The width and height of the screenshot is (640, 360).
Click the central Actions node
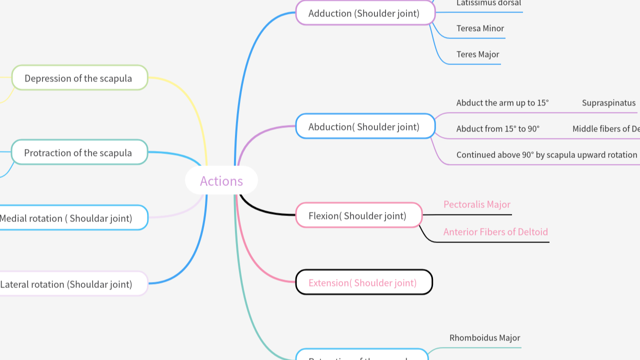pyautogui.click(x=221, y=180)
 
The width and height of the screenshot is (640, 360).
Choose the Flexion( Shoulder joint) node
pyautogui.click(x=358, y=215)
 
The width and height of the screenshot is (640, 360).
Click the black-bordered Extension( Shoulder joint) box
pyautogui.click(x=363, y=282)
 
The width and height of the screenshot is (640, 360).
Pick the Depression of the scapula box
pyautogui.click(x=79, y=78)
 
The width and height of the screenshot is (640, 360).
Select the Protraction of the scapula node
pyautogui.click(x=79, y=152)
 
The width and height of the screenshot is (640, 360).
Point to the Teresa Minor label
pyautogui.click(x=480, y=28)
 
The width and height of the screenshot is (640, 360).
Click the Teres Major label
pyautogui.click(x=477, y=54)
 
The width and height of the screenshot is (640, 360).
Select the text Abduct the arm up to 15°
pyautogui.click(x=502, y=103)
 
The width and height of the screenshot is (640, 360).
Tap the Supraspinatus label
pyautogui.click(x=608, y=103)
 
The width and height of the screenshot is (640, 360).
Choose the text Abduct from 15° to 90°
pyautogui.click(x=498, y=129)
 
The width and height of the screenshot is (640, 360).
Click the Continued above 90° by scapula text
pyautogui.click(x=546, y=155)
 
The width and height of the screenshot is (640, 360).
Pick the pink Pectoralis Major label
pyautogui.click(x=477, y=204)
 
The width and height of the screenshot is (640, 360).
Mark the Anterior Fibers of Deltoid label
pyautogui.click(x=495, y=232)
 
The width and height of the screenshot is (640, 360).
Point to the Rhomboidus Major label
pyautogui.click(x=484, y=338)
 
